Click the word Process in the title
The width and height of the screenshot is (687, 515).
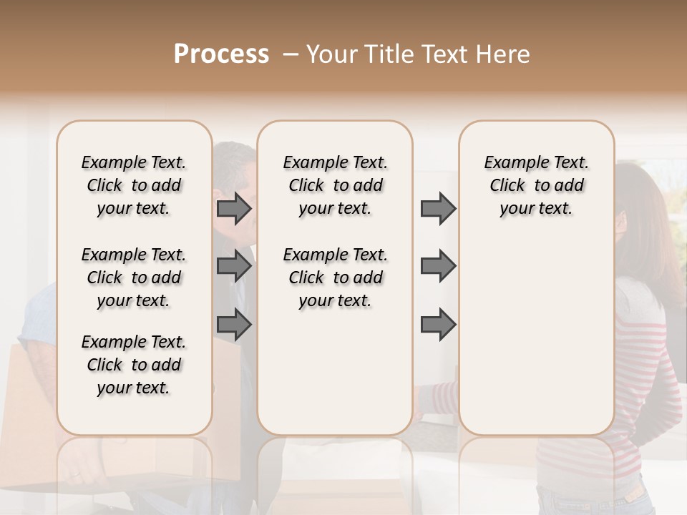coord(221,54)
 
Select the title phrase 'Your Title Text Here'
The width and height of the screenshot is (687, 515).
coord(418,54)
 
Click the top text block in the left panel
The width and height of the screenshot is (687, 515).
coord(134,185)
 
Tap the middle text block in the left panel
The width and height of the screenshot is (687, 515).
coord(134,278)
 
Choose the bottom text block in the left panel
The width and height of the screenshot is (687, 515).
coord(134,365)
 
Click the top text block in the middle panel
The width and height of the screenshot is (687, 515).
coord(335,185)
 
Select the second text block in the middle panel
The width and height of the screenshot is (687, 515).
coord(335,278)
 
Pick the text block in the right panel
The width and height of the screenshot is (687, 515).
coord(536,185)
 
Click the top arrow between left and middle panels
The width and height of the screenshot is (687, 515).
coord(234,209)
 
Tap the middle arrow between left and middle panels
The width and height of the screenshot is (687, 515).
coord(234,267)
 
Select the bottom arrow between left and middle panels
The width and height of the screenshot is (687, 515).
coord(234,325)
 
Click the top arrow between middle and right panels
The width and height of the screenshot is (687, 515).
coord(438,209)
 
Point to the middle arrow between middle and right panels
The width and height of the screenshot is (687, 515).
coord(438,267)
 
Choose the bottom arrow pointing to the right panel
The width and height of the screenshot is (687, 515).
coord(438,325)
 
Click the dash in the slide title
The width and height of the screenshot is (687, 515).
coord(291,54)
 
